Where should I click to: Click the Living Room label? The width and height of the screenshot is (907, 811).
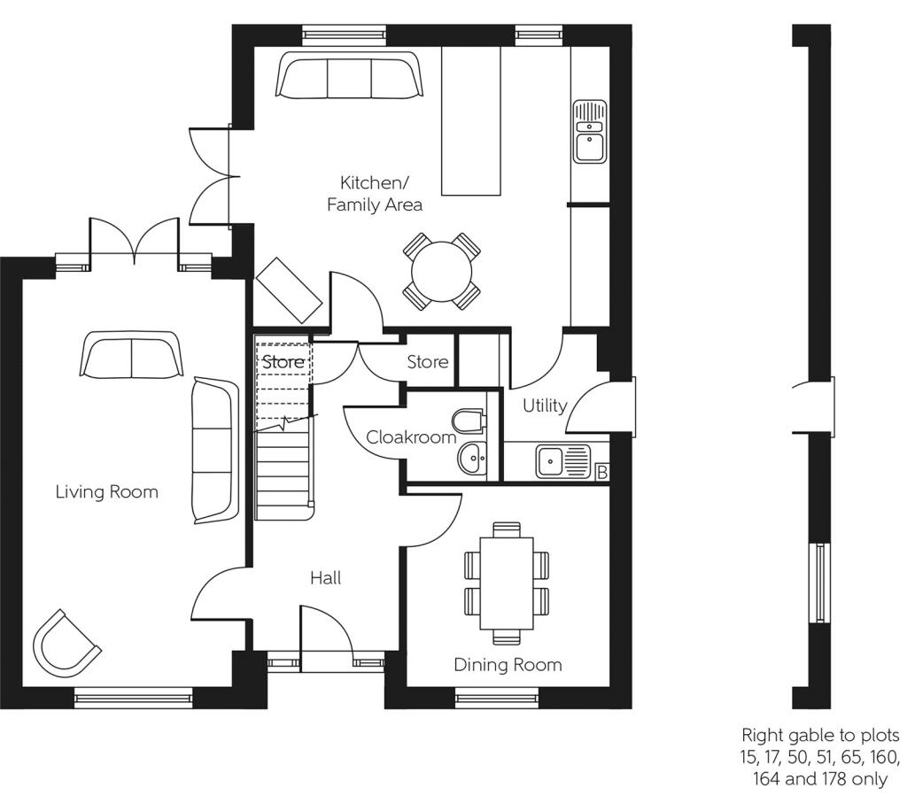click(x=107, y=491)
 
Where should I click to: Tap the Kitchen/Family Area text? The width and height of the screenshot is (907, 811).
click(x=375, y=194)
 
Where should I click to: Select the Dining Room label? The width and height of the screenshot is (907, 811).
click(x=508, y=665)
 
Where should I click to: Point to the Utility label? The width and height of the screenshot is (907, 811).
click(x=545, y=405)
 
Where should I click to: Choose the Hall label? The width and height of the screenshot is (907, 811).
click(x=325, y=578)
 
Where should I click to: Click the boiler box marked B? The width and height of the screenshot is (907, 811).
click(x=601, y=473)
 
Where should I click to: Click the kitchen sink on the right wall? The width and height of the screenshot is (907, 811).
click(x=589, y=132)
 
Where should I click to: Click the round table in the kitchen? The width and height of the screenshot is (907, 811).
click(x=441, y=270)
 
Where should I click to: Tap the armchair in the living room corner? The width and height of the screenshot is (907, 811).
click(x=65, y=641)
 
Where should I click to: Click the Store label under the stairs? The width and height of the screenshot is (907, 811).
click(x=283, y=362)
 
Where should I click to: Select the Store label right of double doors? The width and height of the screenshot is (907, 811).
click(x=427, y=362)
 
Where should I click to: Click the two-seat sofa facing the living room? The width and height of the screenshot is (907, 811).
click(x=131, y=354)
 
